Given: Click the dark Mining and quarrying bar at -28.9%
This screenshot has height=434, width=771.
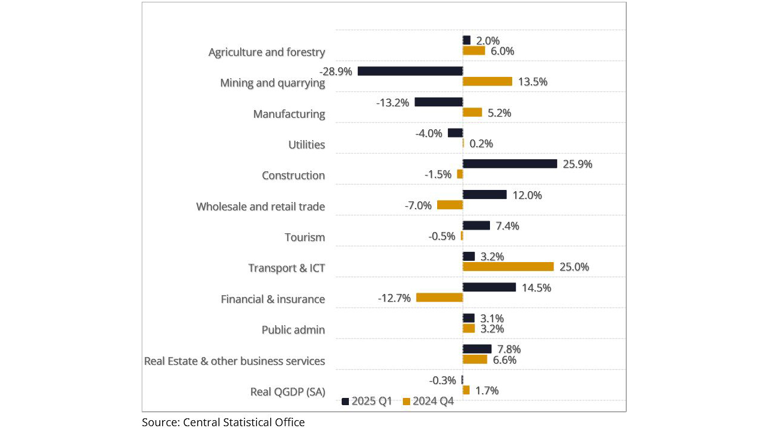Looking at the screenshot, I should [x=410, y=71].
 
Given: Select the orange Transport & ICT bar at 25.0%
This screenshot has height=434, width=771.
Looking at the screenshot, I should [x=508, y=267].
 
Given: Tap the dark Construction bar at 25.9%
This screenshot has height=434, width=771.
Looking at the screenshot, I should [x=510, y=164].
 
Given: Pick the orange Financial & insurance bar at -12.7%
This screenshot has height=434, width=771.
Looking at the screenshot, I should [x=439, y=298].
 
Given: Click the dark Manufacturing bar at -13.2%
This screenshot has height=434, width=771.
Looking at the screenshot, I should [x=438, y=102].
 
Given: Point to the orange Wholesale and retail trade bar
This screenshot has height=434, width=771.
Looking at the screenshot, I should [x=450, y=205].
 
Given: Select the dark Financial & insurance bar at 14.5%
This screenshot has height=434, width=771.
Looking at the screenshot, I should [x=489, y=287].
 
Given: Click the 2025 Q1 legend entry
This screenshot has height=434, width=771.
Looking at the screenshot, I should [x=367, y=402].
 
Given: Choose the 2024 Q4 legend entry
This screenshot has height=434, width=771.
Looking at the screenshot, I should [x=428, y=402].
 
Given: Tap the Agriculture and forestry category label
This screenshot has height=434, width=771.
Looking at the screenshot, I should [x=267, y=52].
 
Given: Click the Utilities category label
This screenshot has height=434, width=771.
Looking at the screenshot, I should [x=307, y=145].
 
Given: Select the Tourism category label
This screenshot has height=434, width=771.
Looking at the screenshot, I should [x=304, y=237].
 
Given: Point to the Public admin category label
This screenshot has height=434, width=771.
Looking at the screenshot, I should [x=293, y=330].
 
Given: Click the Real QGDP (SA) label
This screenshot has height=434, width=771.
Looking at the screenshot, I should [x=288, y=392].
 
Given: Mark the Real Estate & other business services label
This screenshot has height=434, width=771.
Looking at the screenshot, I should [x=235, y=361].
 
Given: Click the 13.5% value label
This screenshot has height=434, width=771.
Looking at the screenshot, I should [x=533, y=82].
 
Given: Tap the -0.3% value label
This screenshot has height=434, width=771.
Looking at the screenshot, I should [x=442, y=380].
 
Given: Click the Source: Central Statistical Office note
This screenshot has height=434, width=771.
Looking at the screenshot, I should [x=223, y=423].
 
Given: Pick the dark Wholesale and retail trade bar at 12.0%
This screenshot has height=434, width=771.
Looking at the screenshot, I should [x=485, y=195].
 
